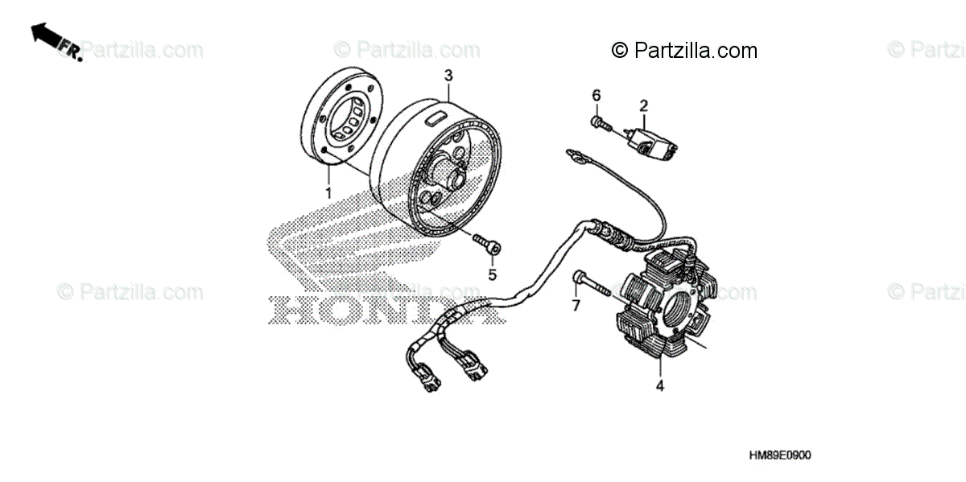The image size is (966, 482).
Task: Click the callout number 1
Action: (328, 193)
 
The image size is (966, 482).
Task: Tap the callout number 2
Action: (644, 105)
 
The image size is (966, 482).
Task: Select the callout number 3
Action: (449, 75)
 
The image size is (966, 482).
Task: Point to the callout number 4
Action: (659, 386)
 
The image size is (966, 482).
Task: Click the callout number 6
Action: (597, 96)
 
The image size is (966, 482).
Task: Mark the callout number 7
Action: (576, 306)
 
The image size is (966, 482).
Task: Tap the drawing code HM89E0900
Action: (779, 455)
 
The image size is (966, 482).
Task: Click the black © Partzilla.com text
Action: (684, 51)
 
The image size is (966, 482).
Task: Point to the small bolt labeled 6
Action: (600, 122)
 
